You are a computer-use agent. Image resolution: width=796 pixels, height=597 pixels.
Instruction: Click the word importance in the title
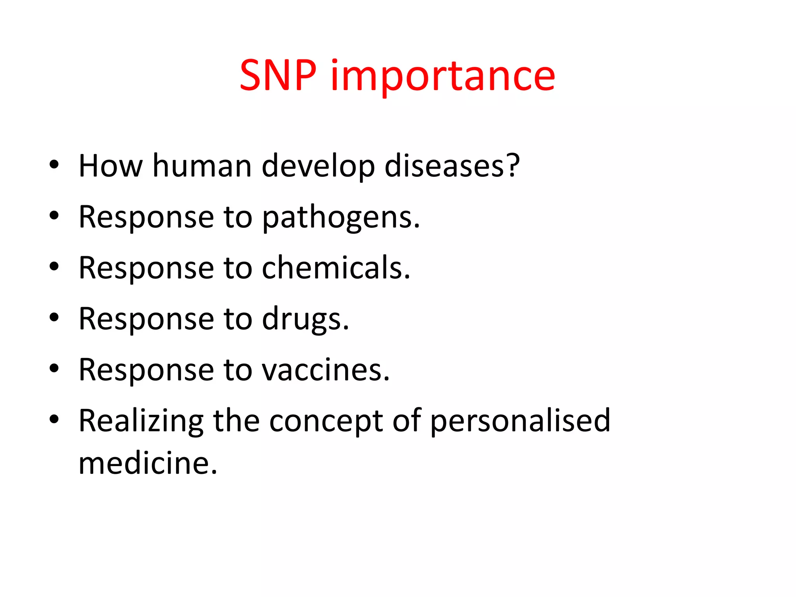(443, 77)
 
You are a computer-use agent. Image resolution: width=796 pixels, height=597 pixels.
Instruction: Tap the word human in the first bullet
(202, 166)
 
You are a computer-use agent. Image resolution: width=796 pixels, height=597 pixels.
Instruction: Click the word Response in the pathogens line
(146, 218)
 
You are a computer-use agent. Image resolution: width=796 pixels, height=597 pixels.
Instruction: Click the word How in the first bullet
(110, 166)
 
